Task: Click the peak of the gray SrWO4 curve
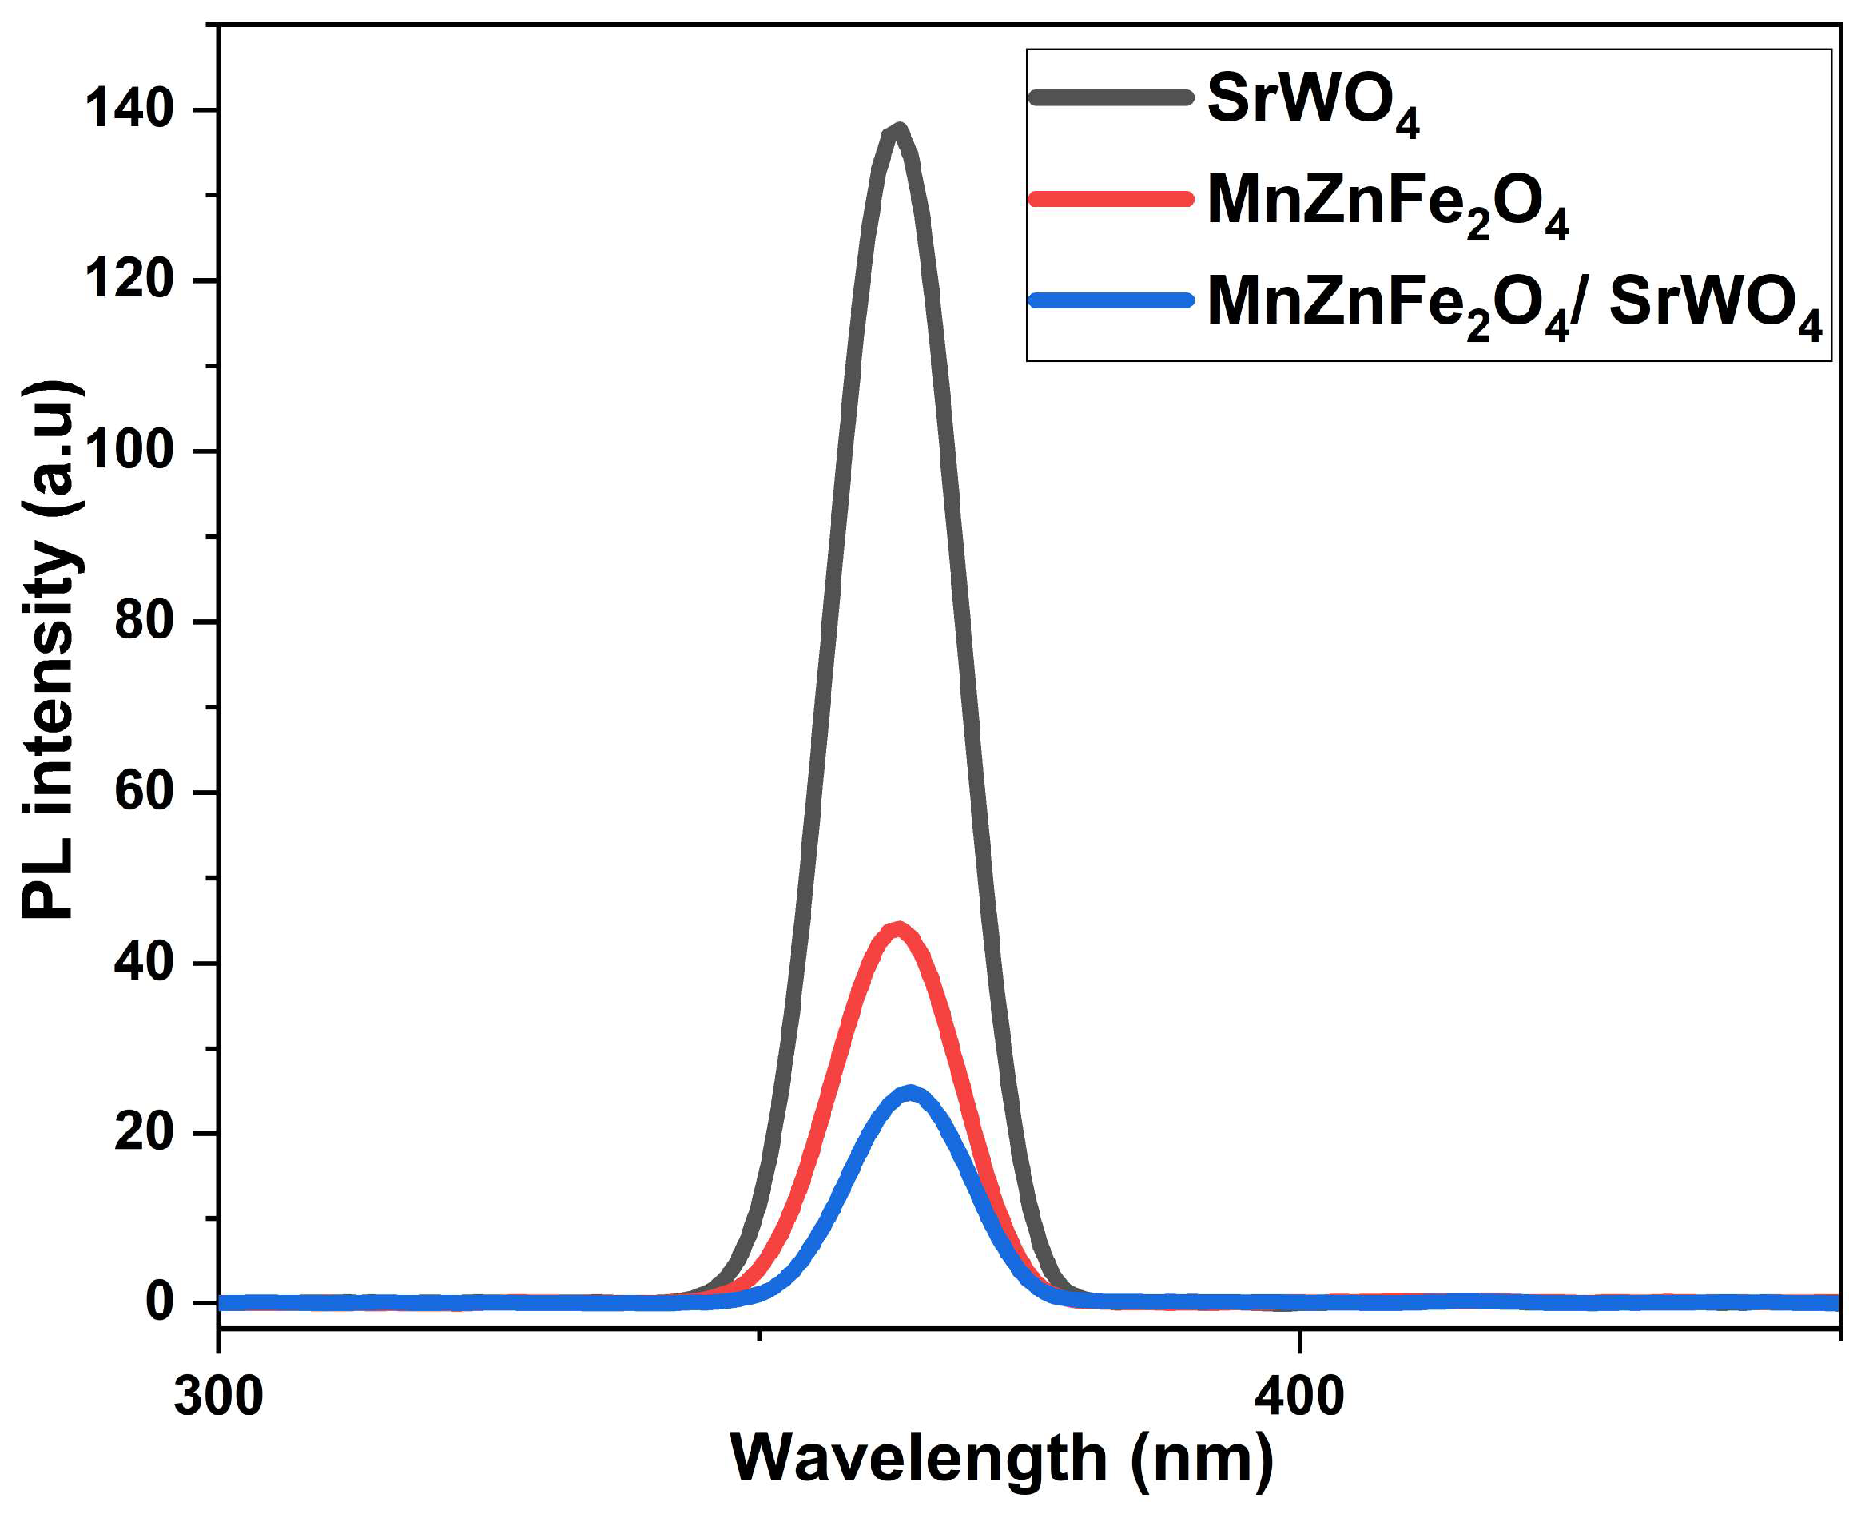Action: [x=898, y=131]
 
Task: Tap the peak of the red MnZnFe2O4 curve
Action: [x=897, y=929]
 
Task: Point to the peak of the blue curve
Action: [x=910, y=1093]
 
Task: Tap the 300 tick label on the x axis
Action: [x=218, y=1397]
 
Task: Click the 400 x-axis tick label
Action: [x=1299, y=1397]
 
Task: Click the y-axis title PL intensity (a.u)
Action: [x=50, y=650]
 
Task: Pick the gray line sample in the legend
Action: [x=1110, y=97]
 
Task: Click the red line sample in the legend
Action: [x=1110, y=199]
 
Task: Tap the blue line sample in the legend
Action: [x=1110, y=301]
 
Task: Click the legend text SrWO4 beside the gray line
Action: [x=1314, y=105]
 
